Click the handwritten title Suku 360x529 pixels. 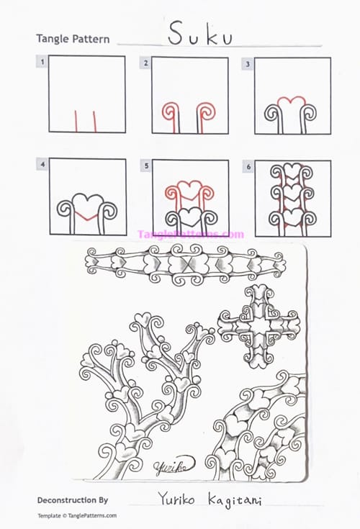pos(200,34)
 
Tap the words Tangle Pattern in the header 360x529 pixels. pos(73,39)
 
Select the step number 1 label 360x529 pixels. pos(43,63)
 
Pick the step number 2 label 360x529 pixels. pos(146,63)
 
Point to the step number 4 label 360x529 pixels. pos(43,165)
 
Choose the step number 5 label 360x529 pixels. pos(146,166)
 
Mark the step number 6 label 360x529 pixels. pos(248,166)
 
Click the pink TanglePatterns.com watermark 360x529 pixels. pos(191,234)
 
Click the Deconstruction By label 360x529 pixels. pos(73,499)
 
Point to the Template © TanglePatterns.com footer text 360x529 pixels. pos(77,515)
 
